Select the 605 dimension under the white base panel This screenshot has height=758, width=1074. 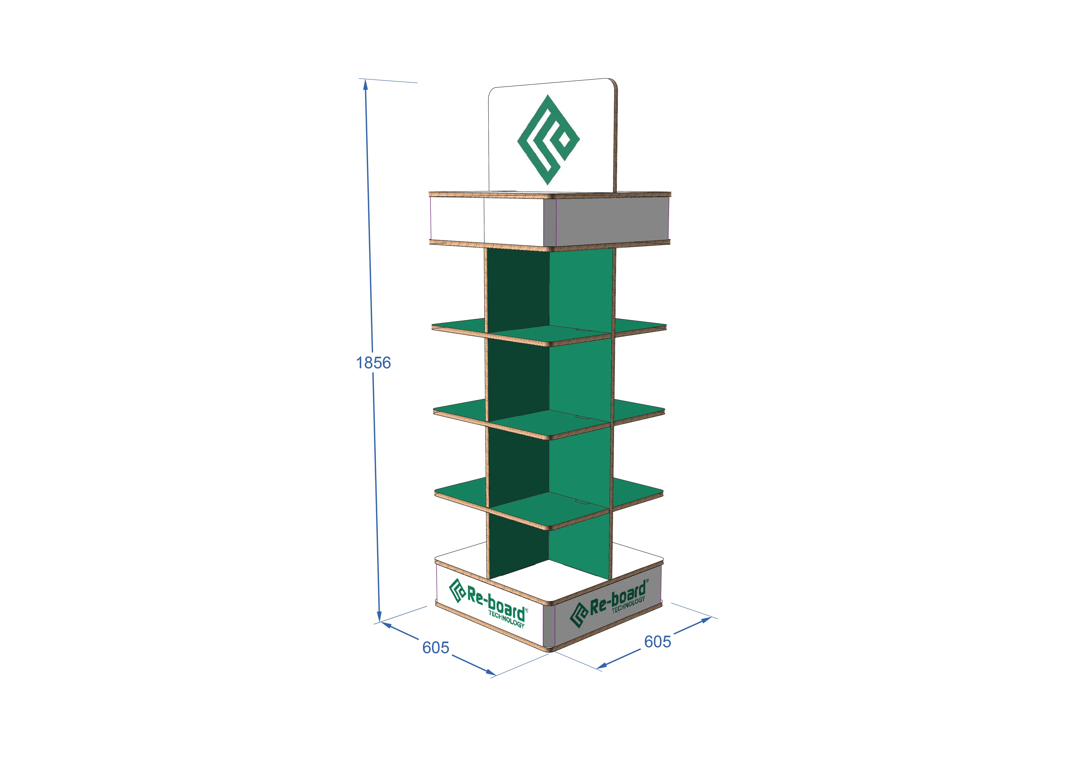435,647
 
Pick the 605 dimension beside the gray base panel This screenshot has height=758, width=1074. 657,641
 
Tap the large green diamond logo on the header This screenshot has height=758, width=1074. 548,139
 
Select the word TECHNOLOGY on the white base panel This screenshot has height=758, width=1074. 506,619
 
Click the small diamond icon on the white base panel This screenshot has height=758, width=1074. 457,590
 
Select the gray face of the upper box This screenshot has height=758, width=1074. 611,220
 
